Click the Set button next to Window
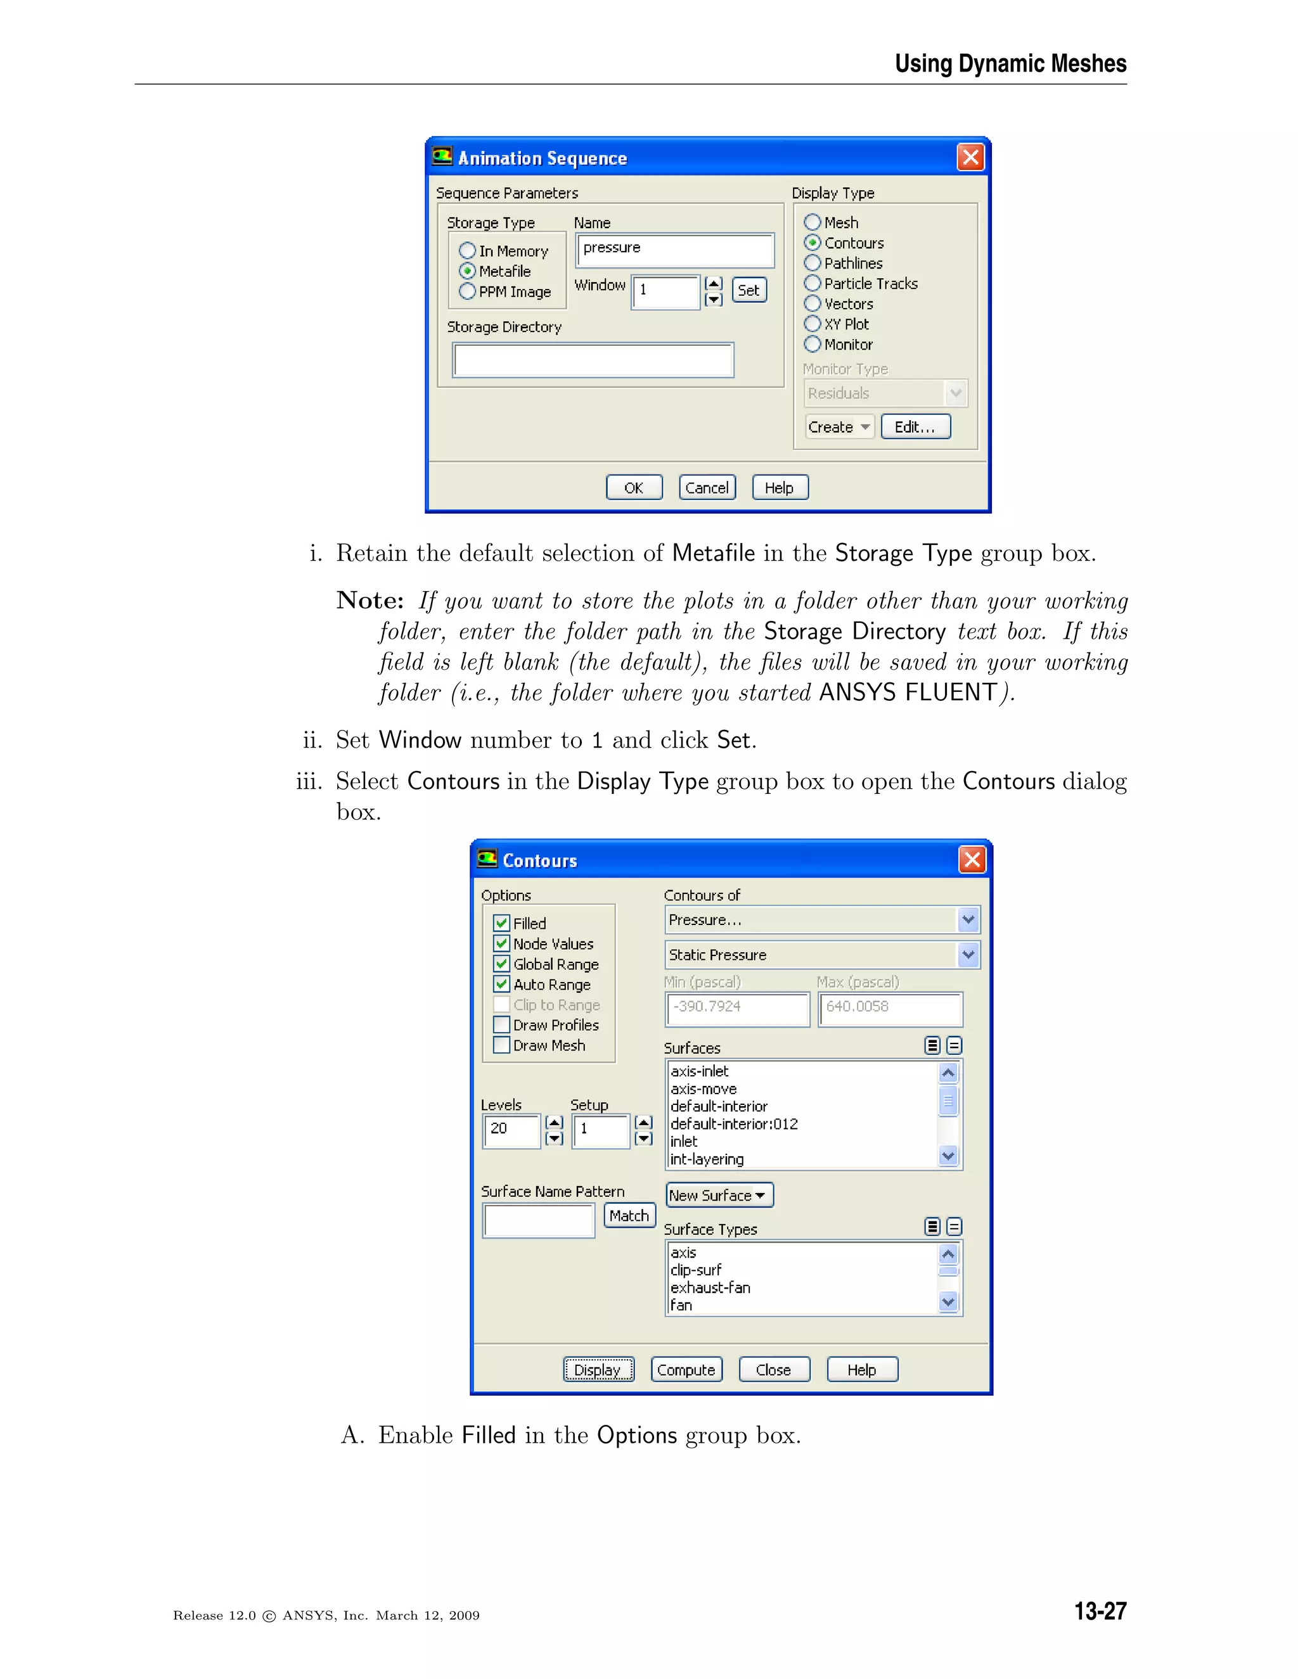[x=749, y=290]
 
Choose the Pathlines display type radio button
[x=813, y=263]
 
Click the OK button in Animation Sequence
[x=634, y=487]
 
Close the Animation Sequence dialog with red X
[x=970, y=158]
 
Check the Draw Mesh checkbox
[x=501, y=1045]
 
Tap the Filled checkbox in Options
[x=501, y=923]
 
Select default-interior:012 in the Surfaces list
[x=733, y=1124]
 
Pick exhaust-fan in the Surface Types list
[x=710, y=1287]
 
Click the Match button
[x=629, y=1215]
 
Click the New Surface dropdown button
[x=718, y=1196]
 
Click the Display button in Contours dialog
[x=598, y=1369]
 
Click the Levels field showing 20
[x=511, y=1130]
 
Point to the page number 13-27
[x=1100, y=1611]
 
